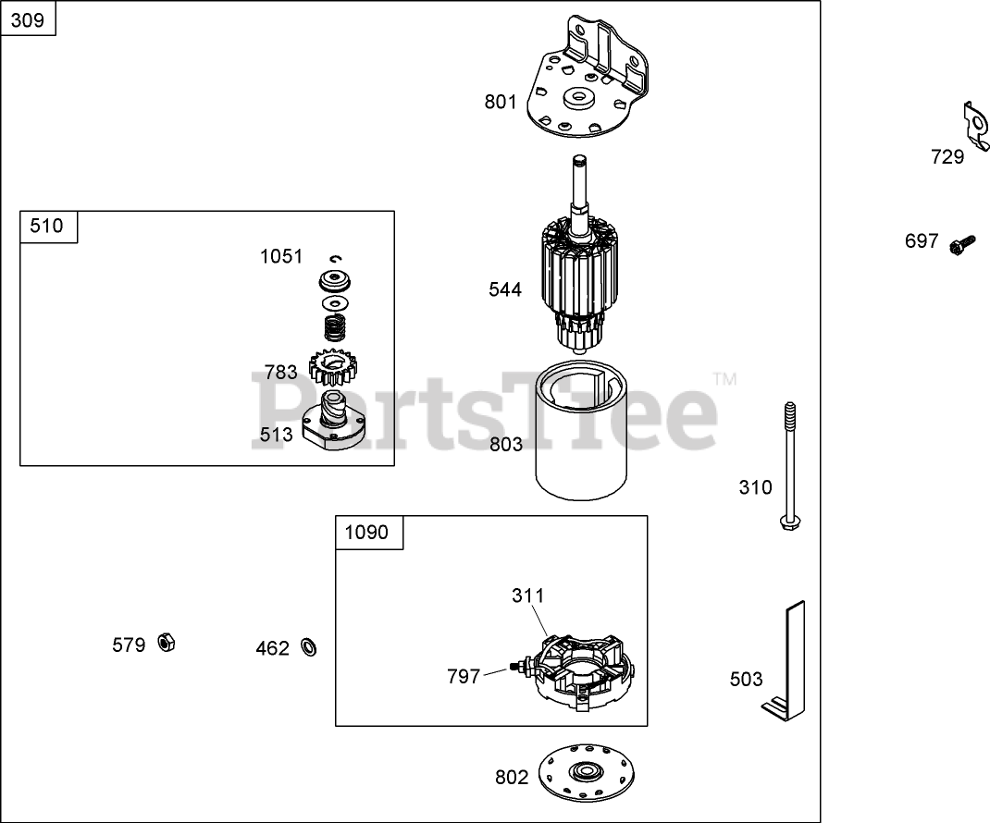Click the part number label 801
500,102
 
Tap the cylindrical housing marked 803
582,430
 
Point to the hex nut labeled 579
167,643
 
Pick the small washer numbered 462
309,647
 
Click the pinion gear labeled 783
333,367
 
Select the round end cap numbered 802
587,772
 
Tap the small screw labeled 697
961,245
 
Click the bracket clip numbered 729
975,127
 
